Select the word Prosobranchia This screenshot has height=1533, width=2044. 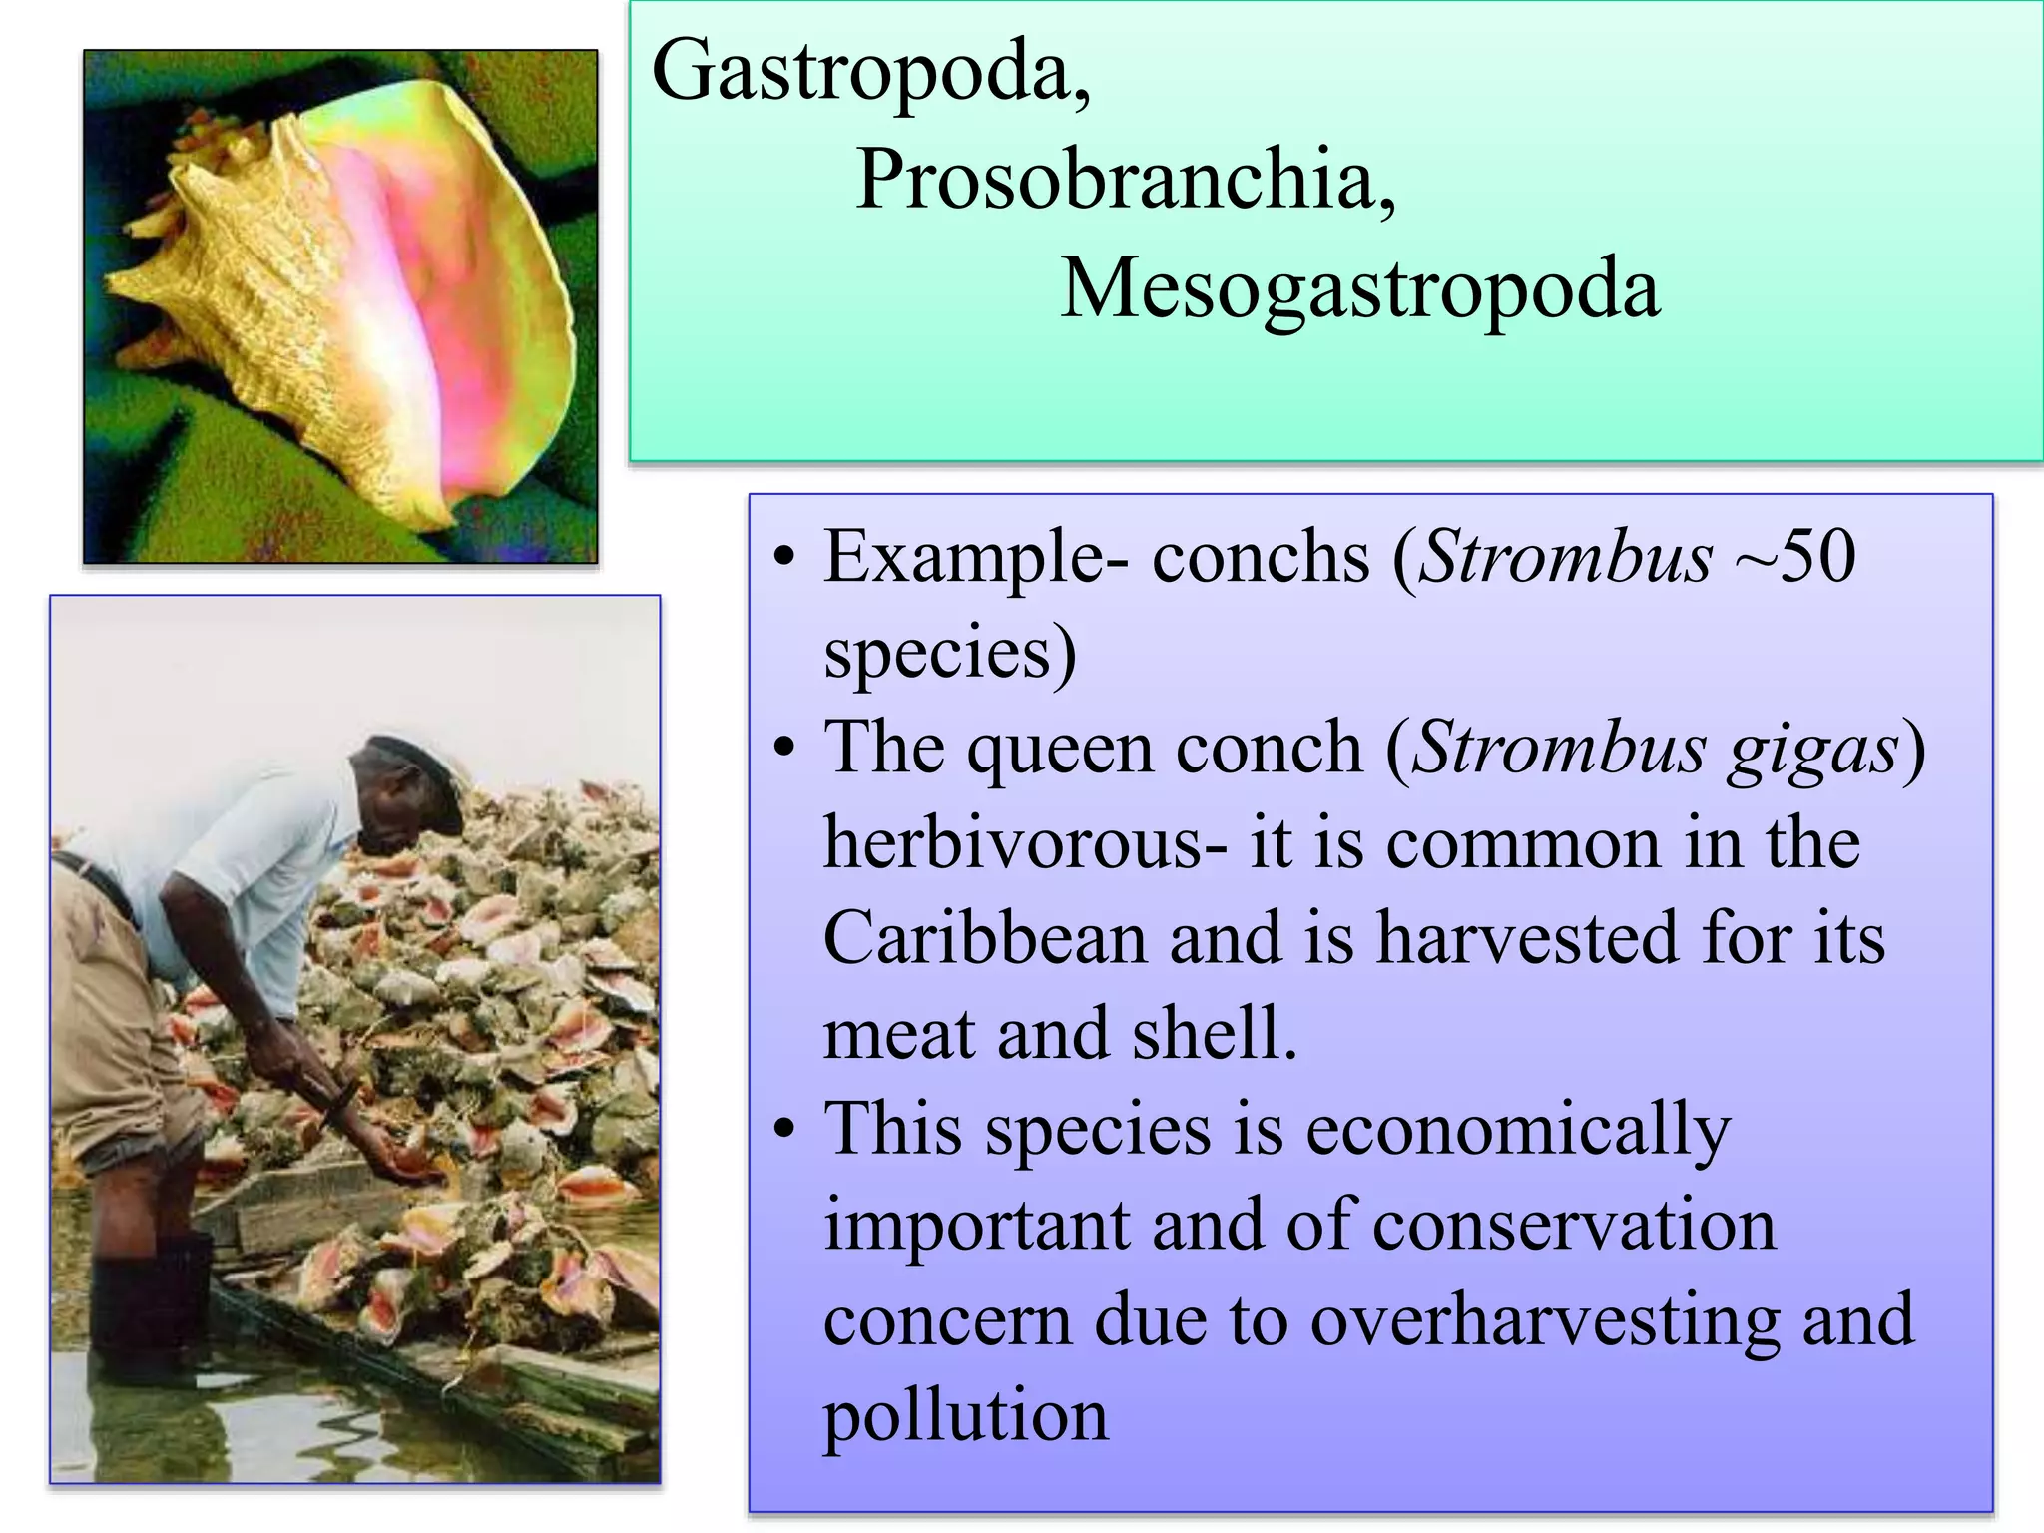pos(1125,180)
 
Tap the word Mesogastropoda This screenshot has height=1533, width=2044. pos(1359,289)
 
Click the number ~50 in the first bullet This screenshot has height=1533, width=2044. pos(1796,557)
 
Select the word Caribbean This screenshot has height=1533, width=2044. pos(984,940)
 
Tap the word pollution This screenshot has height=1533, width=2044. pos(965,1417)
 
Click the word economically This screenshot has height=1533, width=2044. pos(1517,1132)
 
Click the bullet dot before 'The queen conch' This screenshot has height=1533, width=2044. pos(785,748)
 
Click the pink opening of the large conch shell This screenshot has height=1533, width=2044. pos(419,299)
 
